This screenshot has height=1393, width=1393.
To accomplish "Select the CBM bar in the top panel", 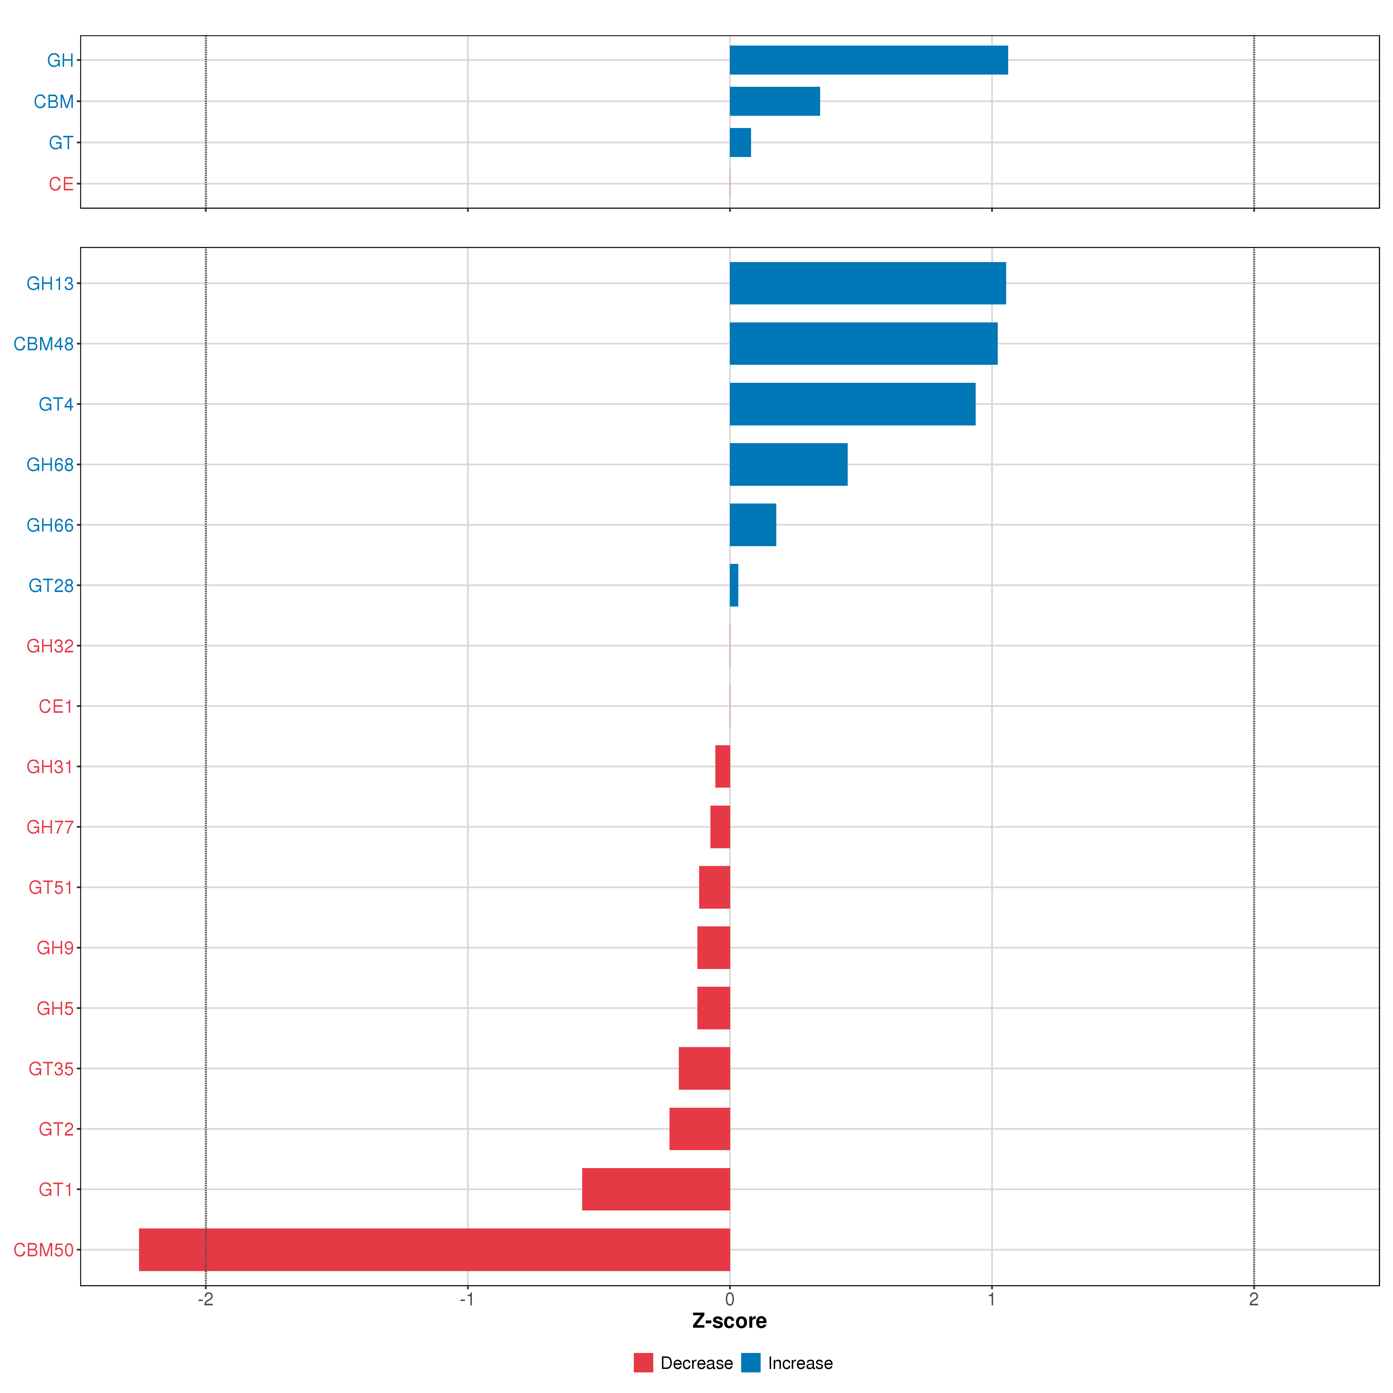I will click(774, 101).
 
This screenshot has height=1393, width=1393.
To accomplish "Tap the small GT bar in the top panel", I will click(740, 142).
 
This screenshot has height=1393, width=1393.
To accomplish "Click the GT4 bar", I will click(852, 404).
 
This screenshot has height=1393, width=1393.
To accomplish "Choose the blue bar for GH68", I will click(788, 464).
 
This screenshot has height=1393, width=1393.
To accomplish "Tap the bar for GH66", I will click(753, 525).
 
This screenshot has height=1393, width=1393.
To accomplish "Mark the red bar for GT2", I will click(699, 1128).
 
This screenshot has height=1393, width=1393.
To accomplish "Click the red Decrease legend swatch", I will click(643, 1363).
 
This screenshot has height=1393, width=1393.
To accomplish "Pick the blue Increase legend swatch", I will click(750, 1363).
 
